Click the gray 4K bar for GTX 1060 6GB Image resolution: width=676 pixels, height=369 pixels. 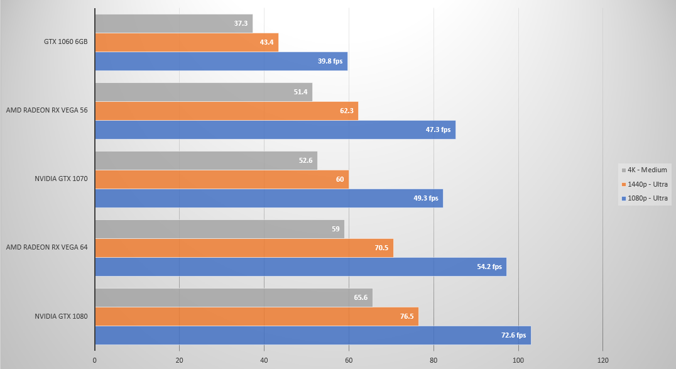click(173, 24)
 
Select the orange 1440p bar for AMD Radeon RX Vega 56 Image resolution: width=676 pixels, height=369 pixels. click(226, 111)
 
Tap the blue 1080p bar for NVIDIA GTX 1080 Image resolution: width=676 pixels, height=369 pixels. click(312, 336)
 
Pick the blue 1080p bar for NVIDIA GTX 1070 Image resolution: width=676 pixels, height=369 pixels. click(268, 199)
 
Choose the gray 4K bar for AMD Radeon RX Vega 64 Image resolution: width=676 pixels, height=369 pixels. click(219, 229)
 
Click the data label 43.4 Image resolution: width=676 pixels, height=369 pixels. click(266, 43)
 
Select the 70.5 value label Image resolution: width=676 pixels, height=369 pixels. click(381, 248)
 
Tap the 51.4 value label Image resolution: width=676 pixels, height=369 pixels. click(300, 92)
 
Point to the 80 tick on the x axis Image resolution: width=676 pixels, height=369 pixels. click(433, 360)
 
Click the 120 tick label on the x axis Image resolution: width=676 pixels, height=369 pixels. click(602, 360)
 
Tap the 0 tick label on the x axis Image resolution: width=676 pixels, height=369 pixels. click(95, 360)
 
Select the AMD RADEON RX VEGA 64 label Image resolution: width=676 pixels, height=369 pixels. click(46, 247)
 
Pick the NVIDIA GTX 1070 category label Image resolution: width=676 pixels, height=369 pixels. click(61, 179)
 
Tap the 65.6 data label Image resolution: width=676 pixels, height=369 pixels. click(361, 298)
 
